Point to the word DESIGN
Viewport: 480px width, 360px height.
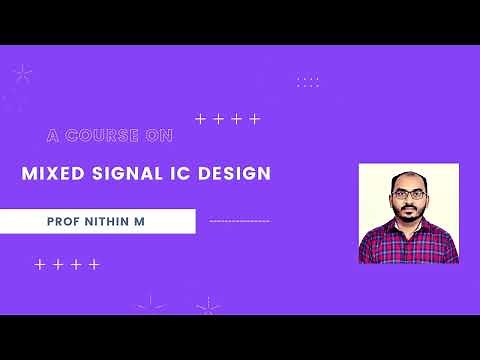[233, 173]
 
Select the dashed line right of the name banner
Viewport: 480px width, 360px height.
[239, 220]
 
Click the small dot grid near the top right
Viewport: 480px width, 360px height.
[308, 81]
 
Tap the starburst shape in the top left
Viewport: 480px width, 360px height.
[22, 73]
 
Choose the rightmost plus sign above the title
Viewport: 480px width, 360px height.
[255, 119]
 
